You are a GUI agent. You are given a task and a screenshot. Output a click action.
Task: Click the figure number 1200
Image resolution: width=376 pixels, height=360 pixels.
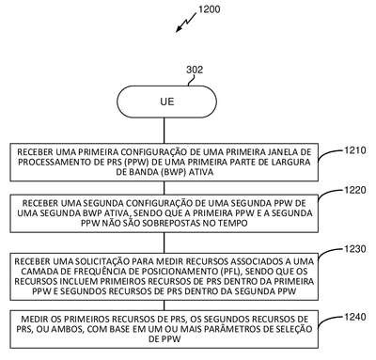(x=210, y=9)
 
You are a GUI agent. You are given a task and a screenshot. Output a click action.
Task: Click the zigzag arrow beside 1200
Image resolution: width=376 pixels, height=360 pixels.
(x=185, y=23)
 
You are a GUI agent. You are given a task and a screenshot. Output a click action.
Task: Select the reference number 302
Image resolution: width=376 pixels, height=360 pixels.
(x=195, y=70)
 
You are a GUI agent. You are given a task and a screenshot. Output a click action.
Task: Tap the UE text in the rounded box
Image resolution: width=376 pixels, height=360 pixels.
(x=166, y=102)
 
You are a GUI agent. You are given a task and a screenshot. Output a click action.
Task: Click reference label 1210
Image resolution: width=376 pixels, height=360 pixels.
(x=355, y=150)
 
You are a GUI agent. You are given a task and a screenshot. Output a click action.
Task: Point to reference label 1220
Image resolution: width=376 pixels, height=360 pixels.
(x=355, y=190)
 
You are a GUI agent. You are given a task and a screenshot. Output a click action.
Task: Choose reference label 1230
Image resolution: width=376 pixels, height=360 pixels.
(x=355, y=249)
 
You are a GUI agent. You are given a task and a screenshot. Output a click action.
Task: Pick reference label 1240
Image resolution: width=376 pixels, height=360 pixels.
(x=355, y=317)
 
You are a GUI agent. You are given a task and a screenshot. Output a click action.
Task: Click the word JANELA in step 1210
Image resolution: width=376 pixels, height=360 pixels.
(x=284, y=152)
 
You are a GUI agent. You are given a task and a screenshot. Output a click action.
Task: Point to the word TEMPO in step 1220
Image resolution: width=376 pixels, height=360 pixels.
(x=234, y=223)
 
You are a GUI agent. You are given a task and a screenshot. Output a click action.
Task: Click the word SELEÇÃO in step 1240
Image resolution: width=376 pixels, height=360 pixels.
(x=294, y=329)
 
